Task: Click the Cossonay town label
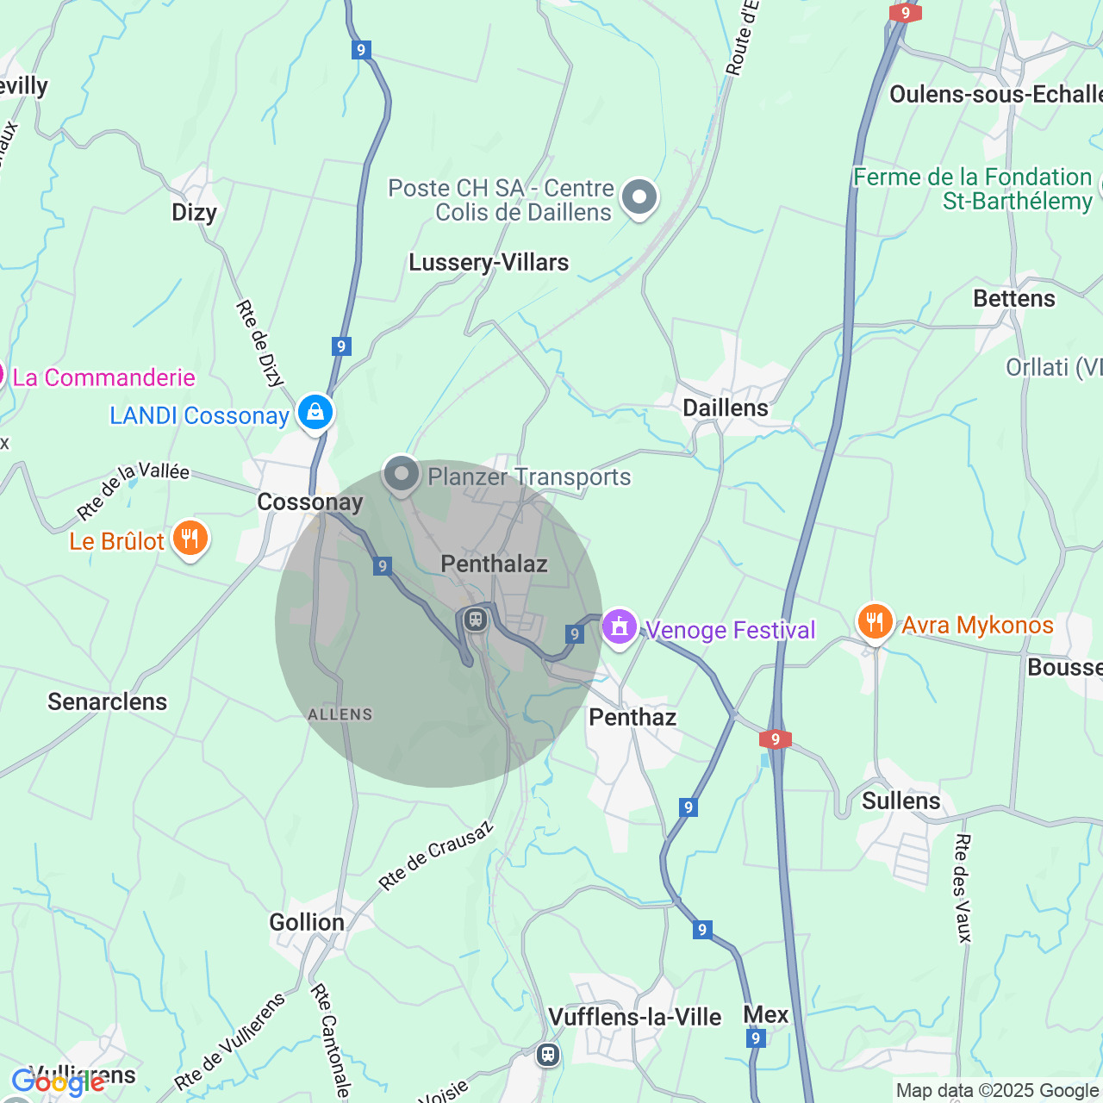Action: (x=310, y=502)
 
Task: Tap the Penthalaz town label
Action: (x=494, y=564)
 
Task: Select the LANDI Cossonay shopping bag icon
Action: (x=315, y=413)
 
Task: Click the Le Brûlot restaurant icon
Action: (x=190, y=539)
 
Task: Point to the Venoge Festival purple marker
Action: (x=619, y=627)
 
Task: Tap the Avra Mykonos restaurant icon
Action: (x=875, y=622)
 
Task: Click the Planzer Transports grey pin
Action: (x=401, y=474)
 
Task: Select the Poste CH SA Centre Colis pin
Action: (x=639, y=197)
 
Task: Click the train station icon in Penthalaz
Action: (x=475, y=620)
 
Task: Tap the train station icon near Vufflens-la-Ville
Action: (x=548, y=1054)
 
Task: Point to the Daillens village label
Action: (x=726, y=408)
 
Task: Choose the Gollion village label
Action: (x=307, y=923)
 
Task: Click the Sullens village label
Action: (x=901, y=801)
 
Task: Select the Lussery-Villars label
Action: (x=489, y=263)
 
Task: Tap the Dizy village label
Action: (x=194, y=213)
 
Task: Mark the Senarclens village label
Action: (x=108, y=702)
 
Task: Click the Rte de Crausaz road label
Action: (x=436, y=856)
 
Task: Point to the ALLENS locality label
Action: (x=340, y=714)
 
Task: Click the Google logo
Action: (x=58, y=1082)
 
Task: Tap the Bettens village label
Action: (x=1013, y=299)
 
